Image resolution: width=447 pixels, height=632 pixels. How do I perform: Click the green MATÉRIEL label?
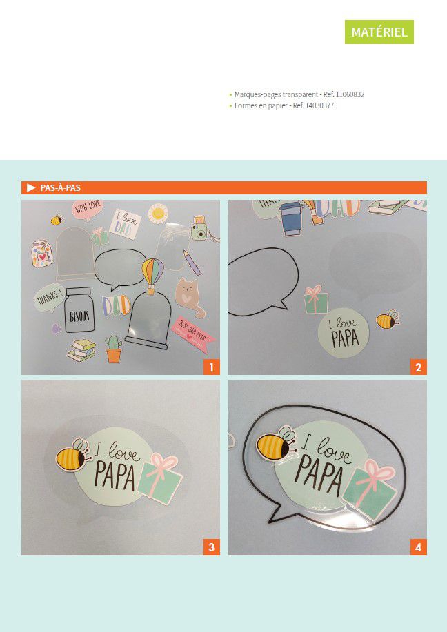pyautogui.click(x=379, y=32)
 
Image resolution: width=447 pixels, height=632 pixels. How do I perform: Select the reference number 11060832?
pyautogui.click(x=350, y=94)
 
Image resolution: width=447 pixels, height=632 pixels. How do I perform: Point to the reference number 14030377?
pyautogui.click(x=319, y=105)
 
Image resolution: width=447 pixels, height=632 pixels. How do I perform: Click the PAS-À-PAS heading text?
pyautogui.click(x=60, y=188)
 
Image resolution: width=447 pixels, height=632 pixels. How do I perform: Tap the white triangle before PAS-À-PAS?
pyautogui.click(x=31, y=188)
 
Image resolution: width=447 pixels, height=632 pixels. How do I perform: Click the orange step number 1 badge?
pyautogui.click(x=211, y=367)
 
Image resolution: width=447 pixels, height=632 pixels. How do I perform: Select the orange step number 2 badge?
pyautogui.click(x=418, y=367)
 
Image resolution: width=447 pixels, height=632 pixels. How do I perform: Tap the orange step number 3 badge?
pyautogui.click(x=211, y=547)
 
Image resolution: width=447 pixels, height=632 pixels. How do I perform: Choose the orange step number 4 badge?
pyautogui.click(x=418, y=547)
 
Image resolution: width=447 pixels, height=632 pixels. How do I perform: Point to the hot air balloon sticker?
pyautogui.click(x=153, y=275)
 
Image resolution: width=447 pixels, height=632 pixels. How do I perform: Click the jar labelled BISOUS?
pyautogui.click(x=79, y=309)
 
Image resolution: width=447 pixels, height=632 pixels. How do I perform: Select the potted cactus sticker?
pyautogui.click(x=113, y=349)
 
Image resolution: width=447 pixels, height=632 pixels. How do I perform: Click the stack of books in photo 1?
pyautogui.click(x=82, y=350)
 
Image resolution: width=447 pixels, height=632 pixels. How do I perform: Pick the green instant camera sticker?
pyautogui.click(x=199, y=229)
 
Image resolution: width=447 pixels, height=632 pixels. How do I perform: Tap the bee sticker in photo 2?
pyautogui.click(x=388, y=319)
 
